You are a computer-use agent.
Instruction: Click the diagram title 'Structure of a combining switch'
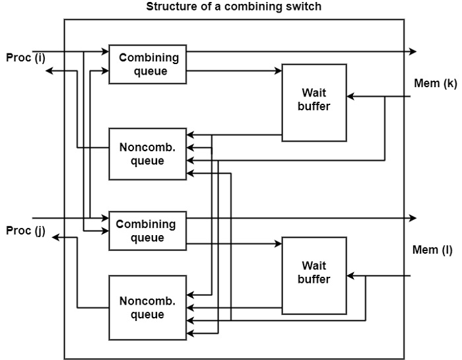[x=234, y=8]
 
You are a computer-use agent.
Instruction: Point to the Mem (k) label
[x=433, y=83]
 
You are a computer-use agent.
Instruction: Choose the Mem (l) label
[x=432, y=250]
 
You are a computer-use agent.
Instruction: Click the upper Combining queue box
[x=148, y=64]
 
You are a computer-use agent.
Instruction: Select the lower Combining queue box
[x=148, y=231]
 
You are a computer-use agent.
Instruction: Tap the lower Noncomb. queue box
[x=148, y=308]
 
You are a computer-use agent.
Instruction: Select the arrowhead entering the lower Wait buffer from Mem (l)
[x=351, y=275]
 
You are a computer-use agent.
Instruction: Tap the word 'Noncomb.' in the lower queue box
[x=148, y=301]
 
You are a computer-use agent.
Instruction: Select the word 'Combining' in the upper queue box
[x=148, y=57]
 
